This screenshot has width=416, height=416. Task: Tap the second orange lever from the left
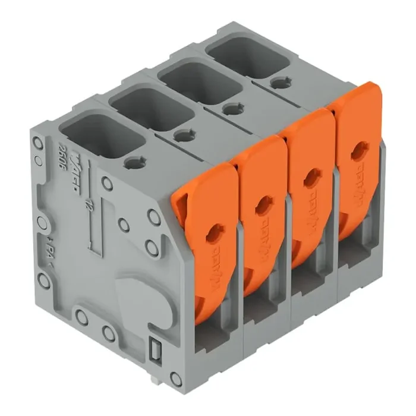tap(261, 208)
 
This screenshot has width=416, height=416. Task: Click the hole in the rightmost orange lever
tap(359, 152)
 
